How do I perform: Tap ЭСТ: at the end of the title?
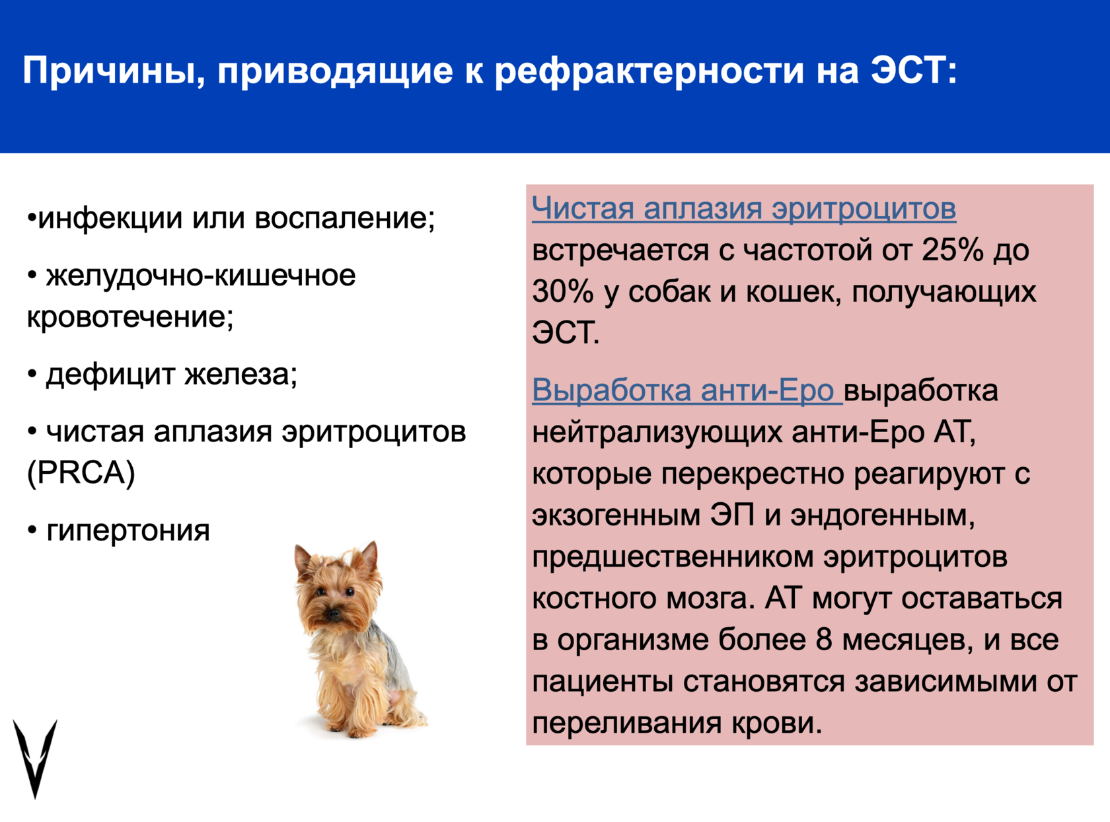pos(914,71)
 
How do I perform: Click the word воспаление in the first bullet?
pos(344,219)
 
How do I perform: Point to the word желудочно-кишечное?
pos(201,276)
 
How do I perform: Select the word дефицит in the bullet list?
pos(110,375)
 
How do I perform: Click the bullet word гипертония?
pos(128,531)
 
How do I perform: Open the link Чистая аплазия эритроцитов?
pos(744,207)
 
